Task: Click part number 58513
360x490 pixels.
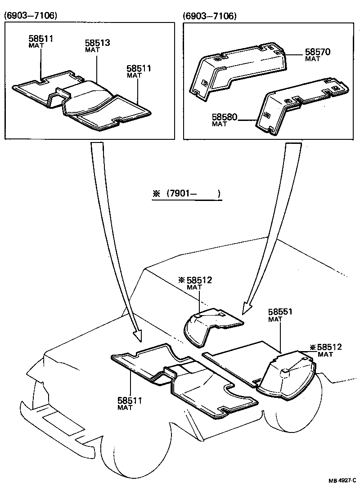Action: [98, 43]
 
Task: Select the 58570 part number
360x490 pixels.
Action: [318, 52]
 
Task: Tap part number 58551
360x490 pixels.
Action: [280, 312]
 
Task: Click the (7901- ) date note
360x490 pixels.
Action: [193, 194]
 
